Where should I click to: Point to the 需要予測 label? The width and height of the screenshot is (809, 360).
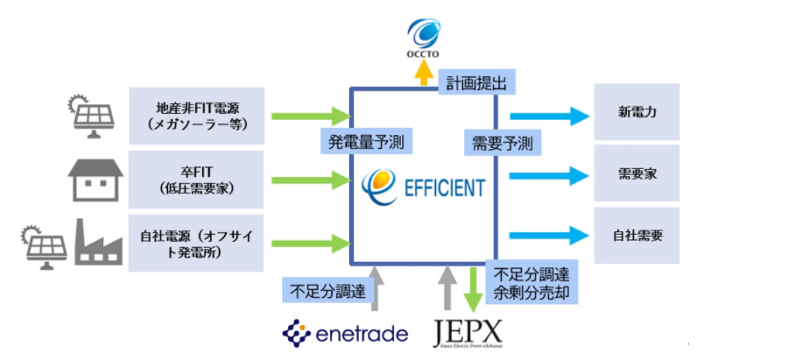coord(501,141)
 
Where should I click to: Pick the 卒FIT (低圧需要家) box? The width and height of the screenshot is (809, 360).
coord(195,179)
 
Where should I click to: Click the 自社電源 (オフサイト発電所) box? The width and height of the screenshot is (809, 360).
coord(195,242)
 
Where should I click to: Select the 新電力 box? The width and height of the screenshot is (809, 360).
coord(637,115)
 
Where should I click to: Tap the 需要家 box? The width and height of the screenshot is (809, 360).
coord(637,174)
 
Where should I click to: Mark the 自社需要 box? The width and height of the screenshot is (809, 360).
coord(637,236)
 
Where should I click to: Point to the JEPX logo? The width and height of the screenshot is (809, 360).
coord(469,334)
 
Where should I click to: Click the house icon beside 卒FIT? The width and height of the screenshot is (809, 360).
coord(97,180)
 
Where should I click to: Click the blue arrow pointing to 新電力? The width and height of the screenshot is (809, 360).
coord(549,115)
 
